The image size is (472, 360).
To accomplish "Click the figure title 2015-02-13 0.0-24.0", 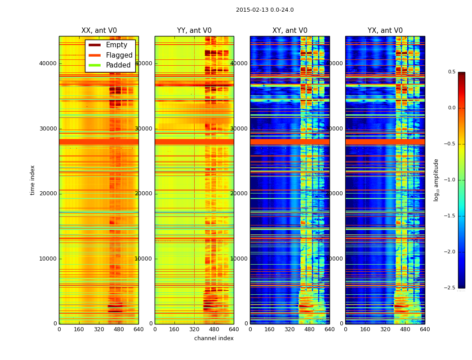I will coord(265,10).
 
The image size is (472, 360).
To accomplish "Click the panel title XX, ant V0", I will coord(98,31).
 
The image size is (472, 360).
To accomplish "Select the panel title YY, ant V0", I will coord(194,31).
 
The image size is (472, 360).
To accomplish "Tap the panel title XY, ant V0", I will coord(290,31).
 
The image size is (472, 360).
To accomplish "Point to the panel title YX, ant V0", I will coord(385,31).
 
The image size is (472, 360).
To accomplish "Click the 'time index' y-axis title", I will coord(32,180).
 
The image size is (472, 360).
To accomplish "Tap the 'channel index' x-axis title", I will coord(214,338).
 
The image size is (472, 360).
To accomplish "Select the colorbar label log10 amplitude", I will coord(436,180).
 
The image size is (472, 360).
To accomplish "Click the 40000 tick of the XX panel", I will coord(48,63).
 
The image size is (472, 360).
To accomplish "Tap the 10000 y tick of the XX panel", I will coord(48,259).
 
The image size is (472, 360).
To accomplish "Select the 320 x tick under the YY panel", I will coord(194,329).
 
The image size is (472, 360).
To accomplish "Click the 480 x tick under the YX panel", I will coord(405,329).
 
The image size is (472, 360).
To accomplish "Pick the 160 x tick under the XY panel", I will coord(270,329).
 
